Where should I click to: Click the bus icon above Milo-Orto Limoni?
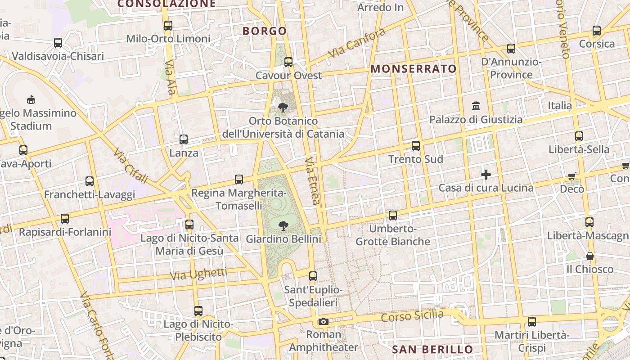tap(168, 26)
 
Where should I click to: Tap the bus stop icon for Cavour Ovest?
tap(288, 62)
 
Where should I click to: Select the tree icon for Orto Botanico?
tap(283, 108)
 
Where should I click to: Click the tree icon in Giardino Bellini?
tap(283, 225)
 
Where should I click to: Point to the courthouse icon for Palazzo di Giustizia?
tap(476, 106)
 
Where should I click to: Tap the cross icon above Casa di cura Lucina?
tap(486, 175)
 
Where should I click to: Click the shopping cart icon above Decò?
tap(572, 176)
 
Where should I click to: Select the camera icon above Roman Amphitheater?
tap(323, 321)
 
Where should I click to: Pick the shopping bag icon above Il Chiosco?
tap(589, 256)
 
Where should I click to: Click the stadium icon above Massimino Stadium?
tap(31, 99)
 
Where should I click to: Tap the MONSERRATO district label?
tap(414, 69)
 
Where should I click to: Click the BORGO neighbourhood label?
tap(265, 31)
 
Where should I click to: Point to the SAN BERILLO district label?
tap(432, 350)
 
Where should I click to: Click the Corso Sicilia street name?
tap(412, 315)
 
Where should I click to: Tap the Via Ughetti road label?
tap(198, 274)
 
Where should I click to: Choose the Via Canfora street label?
tap(356, 43)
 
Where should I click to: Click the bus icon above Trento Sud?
tap(416, 146)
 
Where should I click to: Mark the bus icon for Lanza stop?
tap(184, 139)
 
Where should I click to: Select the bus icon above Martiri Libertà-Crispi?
tap(532, 322)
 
